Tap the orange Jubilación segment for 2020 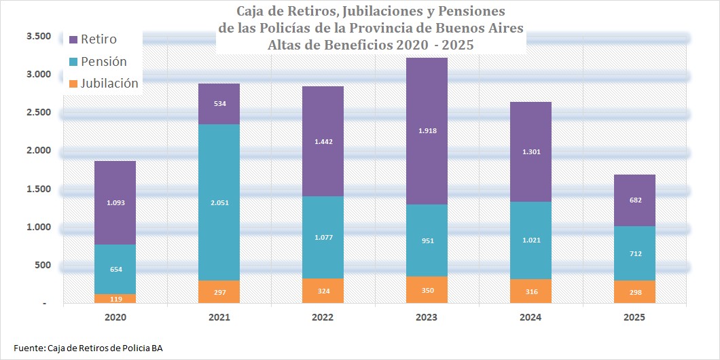(115, 299)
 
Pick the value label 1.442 (323, 141)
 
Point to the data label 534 (219, 104)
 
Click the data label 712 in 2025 (634, 253)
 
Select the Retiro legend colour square (74, 39)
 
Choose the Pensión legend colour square (74, 62)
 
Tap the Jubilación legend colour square (74, 84)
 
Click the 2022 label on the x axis (323, 317)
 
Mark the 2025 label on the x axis (634, 317)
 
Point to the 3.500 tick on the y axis (39, 36)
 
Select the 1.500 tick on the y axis (39, 189)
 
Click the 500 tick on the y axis (43, 265)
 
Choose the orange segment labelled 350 (427, 290)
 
